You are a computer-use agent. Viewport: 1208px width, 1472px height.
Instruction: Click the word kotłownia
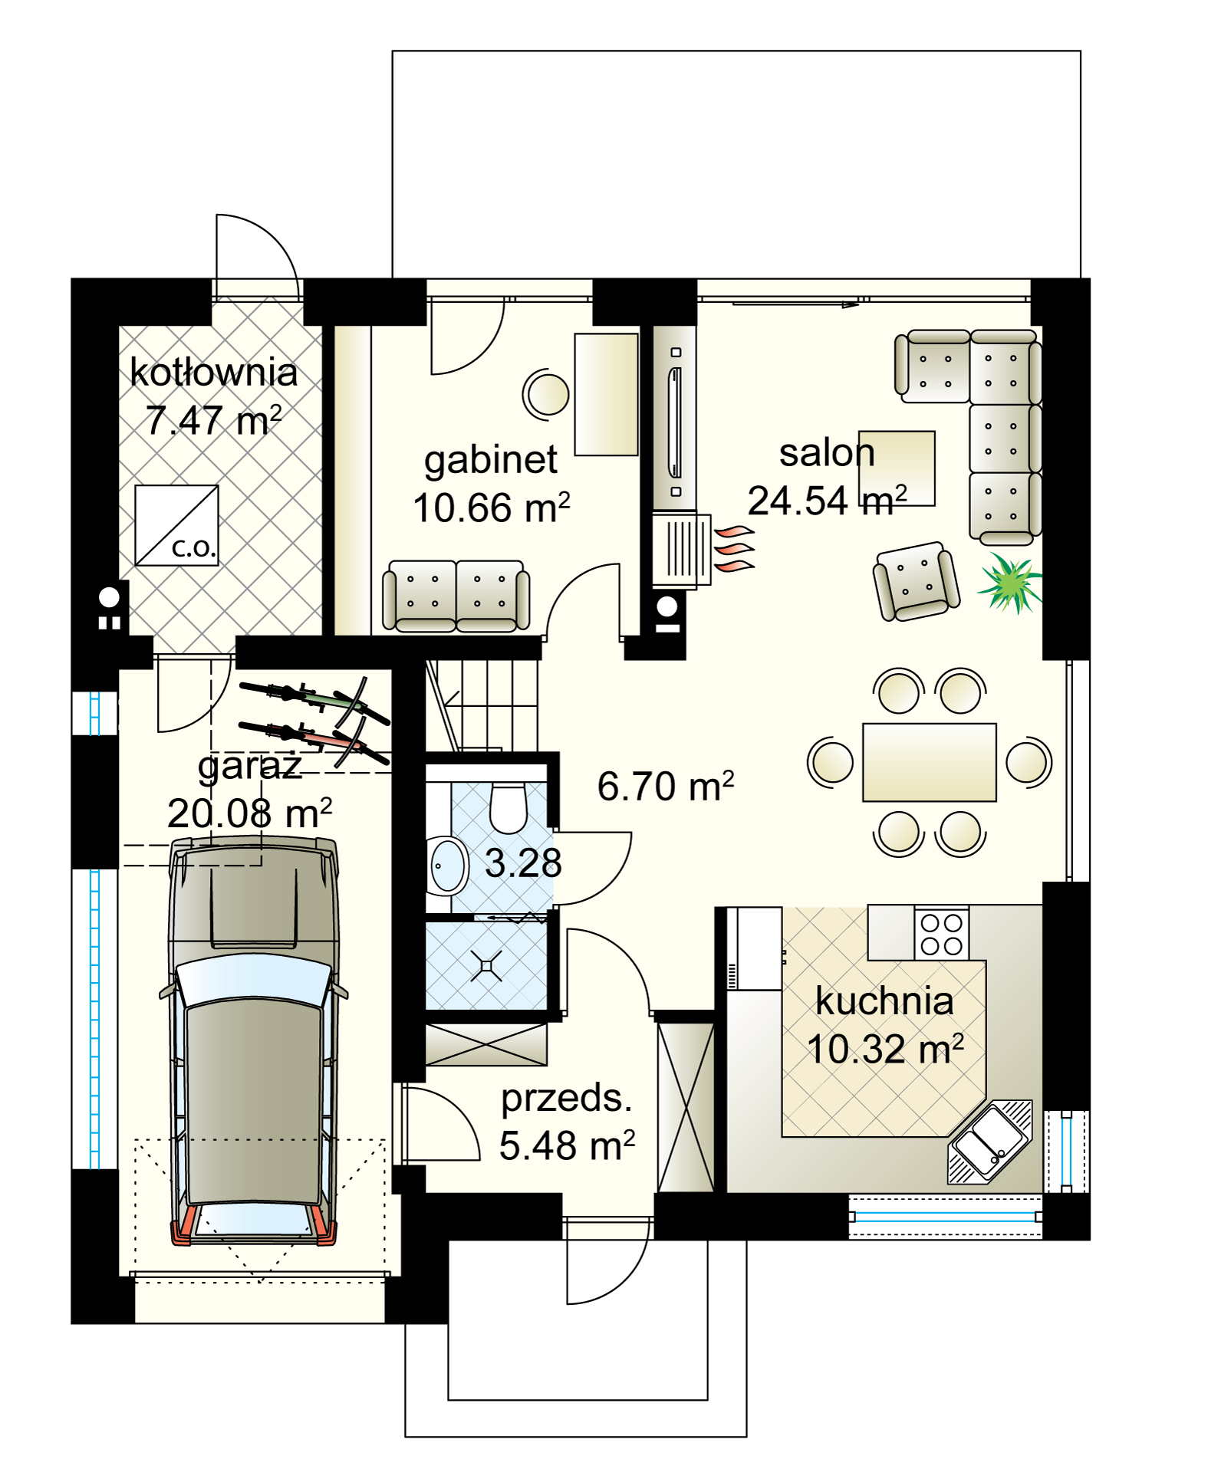(x=213, y=373)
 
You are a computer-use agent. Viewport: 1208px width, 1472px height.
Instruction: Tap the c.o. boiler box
(x=176, y=526)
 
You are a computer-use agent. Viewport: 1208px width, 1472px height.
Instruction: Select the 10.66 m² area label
(x=491, y=508)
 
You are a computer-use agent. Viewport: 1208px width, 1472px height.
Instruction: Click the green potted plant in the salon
(x=1011, y=583)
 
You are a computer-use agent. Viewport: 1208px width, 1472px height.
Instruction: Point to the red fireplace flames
(x=735, y=549)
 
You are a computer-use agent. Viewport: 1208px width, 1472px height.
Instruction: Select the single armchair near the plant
(x=916, y=581)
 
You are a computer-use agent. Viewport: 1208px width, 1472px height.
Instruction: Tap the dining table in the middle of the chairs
(x=929, y=762)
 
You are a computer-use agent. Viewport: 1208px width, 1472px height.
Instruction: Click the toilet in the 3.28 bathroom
(x=508, y=808)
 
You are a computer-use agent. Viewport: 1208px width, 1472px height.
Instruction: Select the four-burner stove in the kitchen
(x=942, y=934)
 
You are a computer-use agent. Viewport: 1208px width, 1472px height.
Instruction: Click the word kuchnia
(x=884, y=1001)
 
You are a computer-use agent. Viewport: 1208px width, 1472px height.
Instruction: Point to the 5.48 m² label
(x=567, y=1146)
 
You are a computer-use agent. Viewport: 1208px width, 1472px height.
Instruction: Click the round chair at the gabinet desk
(x=547, y=394)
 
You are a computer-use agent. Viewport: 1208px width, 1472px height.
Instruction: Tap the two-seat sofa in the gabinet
(x=456, y=596)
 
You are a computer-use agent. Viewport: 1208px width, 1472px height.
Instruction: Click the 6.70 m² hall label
(x=665, y=787)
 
